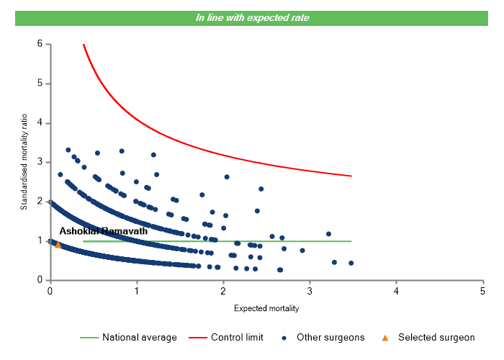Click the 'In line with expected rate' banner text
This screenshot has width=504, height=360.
pyautogui.click(x=252, y=17)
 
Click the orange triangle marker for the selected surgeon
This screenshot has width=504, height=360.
pyautogui.click(x=58, y=244)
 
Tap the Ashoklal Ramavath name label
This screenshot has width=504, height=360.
pyautogui.click(x=104, y=231)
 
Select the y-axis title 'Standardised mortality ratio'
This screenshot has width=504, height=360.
pyautogui.click(x=24, y=161)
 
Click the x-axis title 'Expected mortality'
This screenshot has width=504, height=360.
pyautogui.click(x=266, y=308)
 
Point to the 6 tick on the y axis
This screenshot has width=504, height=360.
pyautogui.click(x=39, y=44)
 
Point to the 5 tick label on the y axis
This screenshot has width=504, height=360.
pyautogui.click(x=39, y=84)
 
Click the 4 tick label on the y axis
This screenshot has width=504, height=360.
pyautogui.click(x=39, y=123)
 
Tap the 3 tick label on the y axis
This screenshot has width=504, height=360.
pyautogui.click(x=39, y=162)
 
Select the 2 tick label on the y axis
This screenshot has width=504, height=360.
pyautogui.click(x=39, y=202)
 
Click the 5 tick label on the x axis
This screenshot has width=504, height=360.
pyautogui.click(x=482, y=291)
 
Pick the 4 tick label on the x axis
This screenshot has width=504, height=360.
pyautogui.click(x=396, y=291)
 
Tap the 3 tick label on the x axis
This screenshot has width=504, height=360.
pyautogui.click(x=310, y=291)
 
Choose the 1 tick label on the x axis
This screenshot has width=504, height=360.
pyautogui.click(x=137, y=291)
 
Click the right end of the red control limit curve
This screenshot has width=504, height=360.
pyautogui.click(x=351, y=176)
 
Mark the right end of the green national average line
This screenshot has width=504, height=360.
pyautogui.click(x=351, y=241)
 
